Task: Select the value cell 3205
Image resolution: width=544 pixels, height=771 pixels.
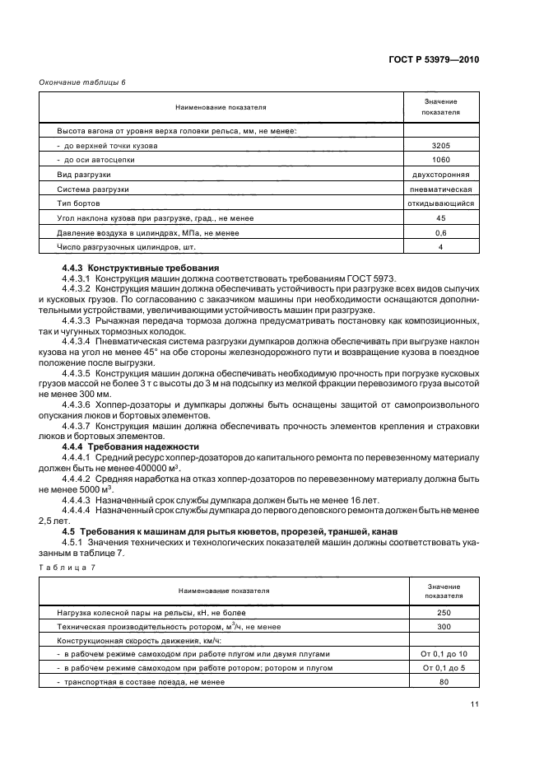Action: [440, 145]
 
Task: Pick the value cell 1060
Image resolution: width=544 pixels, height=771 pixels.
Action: [440, 160]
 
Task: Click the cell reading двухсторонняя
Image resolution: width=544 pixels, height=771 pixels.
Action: [440, 175]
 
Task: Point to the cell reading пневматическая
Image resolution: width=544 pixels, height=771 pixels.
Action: [440, 189]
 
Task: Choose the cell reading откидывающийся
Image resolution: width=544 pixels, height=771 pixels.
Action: [440, 203]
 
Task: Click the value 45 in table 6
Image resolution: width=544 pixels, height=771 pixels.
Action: [440, 218]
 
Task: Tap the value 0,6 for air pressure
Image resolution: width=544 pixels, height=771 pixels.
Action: [440, 233]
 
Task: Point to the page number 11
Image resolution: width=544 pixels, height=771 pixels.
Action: [475, 704]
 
